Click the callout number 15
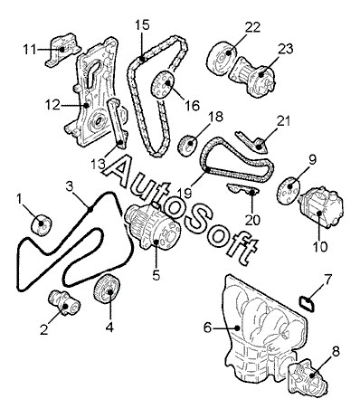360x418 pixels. point(142,25)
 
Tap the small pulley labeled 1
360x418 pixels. point(42,224)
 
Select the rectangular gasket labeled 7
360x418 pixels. point(307,304)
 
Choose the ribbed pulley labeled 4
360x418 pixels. point(107,290)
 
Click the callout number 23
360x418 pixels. point(285,49)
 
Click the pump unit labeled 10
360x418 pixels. point(320,207)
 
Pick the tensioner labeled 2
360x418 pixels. point(64,303)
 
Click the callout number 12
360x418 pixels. point(52,106)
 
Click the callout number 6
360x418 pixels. point(207,328)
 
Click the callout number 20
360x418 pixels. point(252,220)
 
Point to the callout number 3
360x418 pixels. point(70,186)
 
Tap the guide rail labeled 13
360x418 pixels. point(117,123)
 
